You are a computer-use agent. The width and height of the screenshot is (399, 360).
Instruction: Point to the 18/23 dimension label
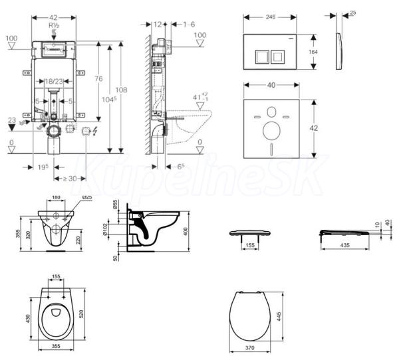coord(55,80)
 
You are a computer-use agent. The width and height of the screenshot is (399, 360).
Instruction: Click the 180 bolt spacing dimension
coord(56,197)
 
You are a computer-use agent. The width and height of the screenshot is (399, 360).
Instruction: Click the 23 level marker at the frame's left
coord(11,120)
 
